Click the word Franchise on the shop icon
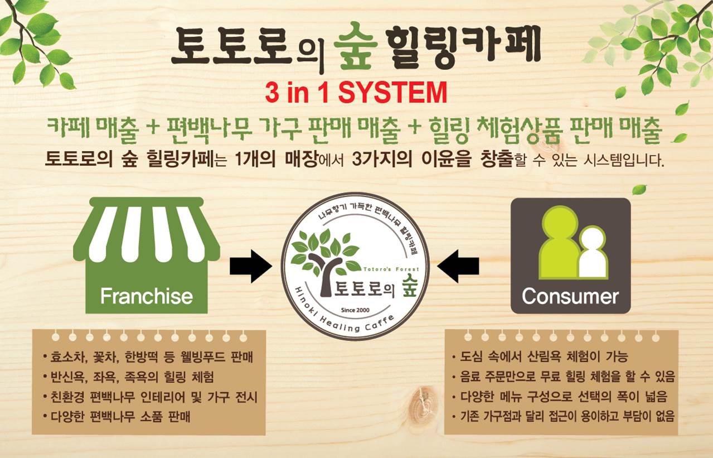coord(147,296)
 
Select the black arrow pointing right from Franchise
coord(251,266)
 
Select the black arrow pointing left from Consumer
coord(458,266)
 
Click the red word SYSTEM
coord(392,93)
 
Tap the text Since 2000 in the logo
coord(355,310)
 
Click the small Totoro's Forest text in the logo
coord(391,269)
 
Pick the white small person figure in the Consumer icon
coord(593,253)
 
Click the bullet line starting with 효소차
coord(148,357)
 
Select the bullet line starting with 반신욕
coord(129,377)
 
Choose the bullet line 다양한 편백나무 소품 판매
coord(117,417)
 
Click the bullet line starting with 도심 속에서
coord(540,356)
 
